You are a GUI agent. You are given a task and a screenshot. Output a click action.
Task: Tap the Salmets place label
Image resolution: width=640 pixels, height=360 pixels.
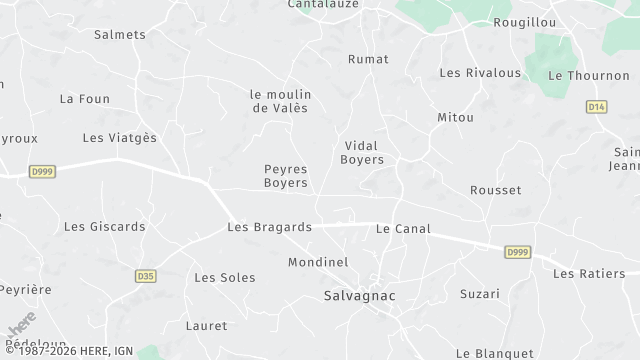pos(119,34)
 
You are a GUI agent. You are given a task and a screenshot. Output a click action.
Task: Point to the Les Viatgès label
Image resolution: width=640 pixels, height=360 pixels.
pos(119,137)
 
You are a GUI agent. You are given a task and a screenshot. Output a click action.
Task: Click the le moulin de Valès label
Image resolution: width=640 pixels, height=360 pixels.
pos(279,100)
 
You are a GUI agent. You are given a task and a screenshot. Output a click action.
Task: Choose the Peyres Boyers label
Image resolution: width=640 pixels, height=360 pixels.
pos(285,176)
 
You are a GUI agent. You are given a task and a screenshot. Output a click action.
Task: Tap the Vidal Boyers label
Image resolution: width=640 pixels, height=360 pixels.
pos(362,152)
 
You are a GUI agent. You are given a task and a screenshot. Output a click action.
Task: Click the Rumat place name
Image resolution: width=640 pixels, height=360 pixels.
pos(368,59)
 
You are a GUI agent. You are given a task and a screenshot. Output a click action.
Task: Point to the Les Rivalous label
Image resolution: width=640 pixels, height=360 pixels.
pos(480,72)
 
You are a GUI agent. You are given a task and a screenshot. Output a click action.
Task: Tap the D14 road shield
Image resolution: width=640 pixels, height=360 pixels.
pos(596,106)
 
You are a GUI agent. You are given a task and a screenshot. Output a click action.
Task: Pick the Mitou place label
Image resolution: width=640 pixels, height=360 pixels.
pos(455,117)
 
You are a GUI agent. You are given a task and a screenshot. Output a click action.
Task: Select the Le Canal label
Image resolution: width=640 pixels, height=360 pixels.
pos(403,229)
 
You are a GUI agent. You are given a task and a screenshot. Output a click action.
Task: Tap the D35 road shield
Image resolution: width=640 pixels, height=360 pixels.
pos(146,276)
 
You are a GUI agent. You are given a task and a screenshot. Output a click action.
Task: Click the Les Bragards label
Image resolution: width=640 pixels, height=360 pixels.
pos(269,227)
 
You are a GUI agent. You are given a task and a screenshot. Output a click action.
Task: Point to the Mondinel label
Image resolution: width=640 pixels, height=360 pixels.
pos(317,262)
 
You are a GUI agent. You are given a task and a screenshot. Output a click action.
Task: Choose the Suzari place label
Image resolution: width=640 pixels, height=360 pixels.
pos(479,293)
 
